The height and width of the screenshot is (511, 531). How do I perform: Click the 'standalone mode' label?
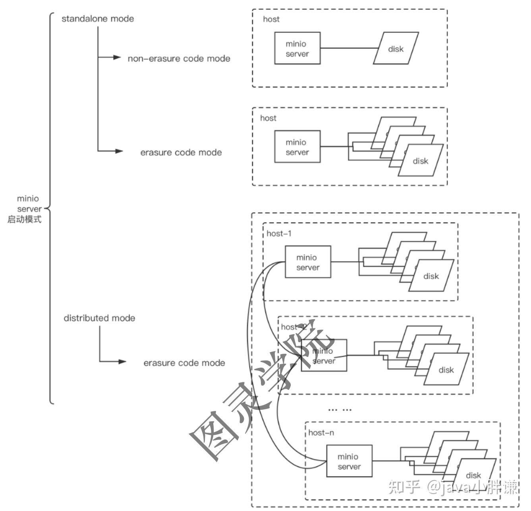click(x=98, y=19)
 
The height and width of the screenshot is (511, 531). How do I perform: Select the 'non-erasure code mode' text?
click(x=179, y=59)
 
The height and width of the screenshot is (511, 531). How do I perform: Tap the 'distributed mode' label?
click(x=99, y=318)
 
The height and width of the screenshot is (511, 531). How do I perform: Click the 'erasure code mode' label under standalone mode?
click(x=181, y=152)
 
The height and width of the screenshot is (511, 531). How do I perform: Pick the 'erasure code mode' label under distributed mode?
click(x=184, y=363)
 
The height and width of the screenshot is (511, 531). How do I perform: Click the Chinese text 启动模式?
click(x=24, y=219)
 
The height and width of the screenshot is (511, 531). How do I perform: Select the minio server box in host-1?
click(x=308, y=262)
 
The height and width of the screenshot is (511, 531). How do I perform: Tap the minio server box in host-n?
click(x=349, y=461)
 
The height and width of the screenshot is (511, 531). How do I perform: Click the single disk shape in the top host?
click(x=396, y=48)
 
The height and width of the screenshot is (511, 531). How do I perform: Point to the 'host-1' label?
click(x=279, y=233)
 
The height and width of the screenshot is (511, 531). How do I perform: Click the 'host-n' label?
click(x=321, y=432)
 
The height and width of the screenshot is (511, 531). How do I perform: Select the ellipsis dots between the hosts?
click(x=340, y=409)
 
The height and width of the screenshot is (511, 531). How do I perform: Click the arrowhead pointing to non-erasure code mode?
click(x=117, y=58)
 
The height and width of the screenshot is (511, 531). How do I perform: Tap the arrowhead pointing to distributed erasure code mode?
click(x=122, y=361)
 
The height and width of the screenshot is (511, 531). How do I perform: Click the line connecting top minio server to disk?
click(x=349, y=48)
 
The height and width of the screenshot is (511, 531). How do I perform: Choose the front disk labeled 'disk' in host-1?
click(x=431, y=276)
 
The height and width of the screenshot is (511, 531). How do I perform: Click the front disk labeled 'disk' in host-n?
click(x=473, y=475)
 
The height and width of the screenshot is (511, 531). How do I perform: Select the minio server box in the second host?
click(x=324, y=355)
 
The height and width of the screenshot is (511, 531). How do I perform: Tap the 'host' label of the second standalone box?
click(x=268, y=118)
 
